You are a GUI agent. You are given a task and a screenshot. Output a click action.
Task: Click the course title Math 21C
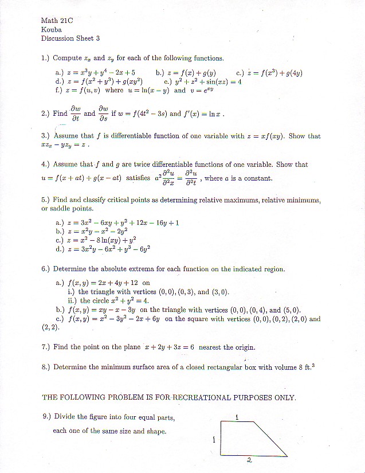pyautogui.click(x=57, y=21)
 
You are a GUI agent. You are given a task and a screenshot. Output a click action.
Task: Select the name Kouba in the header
pyautogui.click(x=51, y=30)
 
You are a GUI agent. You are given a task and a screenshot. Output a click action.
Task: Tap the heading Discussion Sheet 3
pyautogui.click(x=70, y=38)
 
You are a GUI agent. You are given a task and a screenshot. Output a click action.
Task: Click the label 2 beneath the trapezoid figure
pyautogui.click(x=249, y=460)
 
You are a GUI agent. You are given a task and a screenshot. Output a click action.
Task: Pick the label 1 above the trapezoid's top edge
pyautogui.click(x=237, y=417)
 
